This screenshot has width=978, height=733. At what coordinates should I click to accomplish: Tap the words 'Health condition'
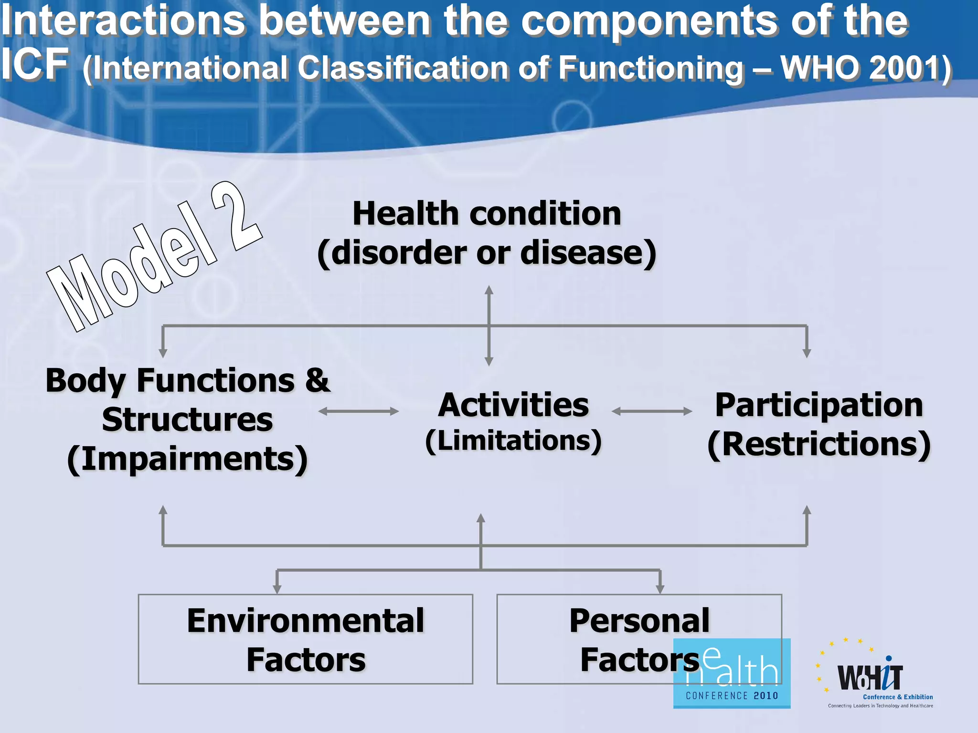pyautogui.click(x=487, y=213)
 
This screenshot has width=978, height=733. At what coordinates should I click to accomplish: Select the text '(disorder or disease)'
pyautogui.click(x=487, y=253)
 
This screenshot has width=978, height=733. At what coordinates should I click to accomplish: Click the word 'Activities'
pyautogui.click(x=513, y=405)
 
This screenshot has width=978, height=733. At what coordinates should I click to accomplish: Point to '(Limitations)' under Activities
pyautogui.click(x=513, y=440)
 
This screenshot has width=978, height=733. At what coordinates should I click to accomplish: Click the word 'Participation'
pyautogui.click(x=819, y=405)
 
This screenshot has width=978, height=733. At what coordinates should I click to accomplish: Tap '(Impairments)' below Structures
pyautogui.click(x=187, y=459)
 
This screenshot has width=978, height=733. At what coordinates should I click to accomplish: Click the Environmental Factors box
pyautogui.click(x=305, y=639)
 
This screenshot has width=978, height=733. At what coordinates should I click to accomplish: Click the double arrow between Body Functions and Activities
pyautogui.click(x=358, y=411)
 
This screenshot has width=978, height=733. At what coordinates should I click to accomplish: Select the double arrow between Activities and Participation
pyautogui.click(x=651, y=411)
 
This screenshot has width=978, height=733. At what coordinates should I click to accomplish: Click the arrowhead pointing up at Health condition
pyautogui.click(x=489, y=290)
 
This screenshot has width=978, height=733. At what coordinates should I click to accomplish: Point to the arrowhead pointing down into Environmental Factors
pyautogui.click(x=277, y=589)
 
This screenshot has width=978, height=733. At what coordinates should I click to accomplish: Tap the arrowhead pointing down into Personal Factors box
pyautogui.click(x=660, y=589)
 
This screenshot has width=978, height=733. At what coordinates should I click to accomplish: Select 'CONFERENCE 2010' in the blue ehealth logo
pyautogui.click(x=732, y=696)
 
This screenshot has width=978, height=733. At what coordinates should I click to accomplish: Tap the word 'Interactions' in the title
pyautogui.click(x=123, y=21)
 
